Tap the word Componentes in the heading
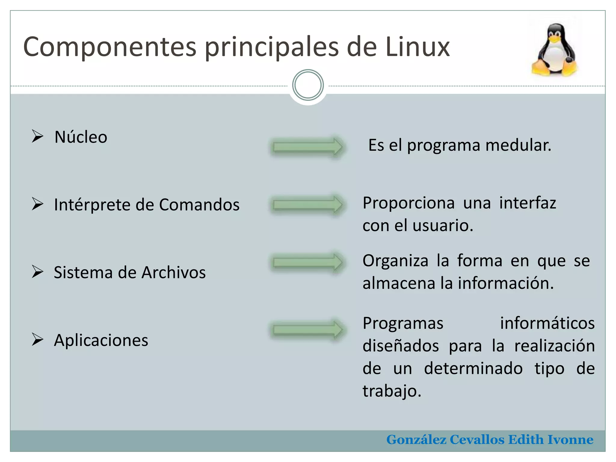pos(110,47)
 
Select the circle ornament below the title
pos(308,85)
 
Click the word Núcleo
pos(81,137)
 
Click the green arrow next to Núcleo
pos(307,147)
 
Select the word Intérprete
pos(93,205)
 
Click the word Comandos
pos(199,205)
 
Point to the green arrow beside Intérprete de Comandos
pos(307,205)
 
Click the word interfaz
pos(528,203)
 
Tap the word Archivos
pos(174,273)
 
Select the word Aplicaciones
pos(101,340)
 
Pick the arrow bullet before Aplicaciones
pos(38,340)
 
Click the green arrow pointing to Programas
pos(307,329)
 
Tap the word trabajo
pos(392,391)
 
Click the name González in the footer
pos(416,440)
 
